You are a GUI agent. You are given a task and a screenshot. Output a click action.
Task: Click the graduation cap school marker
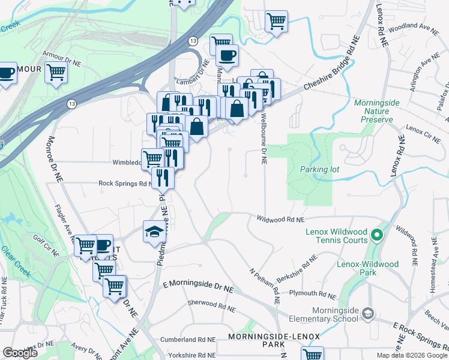click(x=153, y=231)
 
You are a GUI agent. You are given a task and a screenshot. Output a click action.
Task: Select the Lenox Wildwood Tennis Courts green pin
click(x=377, y=234)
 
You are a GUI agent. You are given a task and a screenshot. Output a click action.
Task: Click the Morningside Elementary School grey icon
click(x=368, y=313)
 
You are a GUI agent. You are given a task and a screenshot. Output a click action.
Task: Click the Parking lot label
click(x=320, y=169)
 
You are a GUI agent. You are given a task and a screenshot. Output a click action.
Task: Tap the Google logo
click(x=20, y=353)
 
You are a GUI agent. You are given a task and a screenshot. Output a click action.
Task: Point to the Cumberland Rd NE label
click(x=187, y=339)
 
